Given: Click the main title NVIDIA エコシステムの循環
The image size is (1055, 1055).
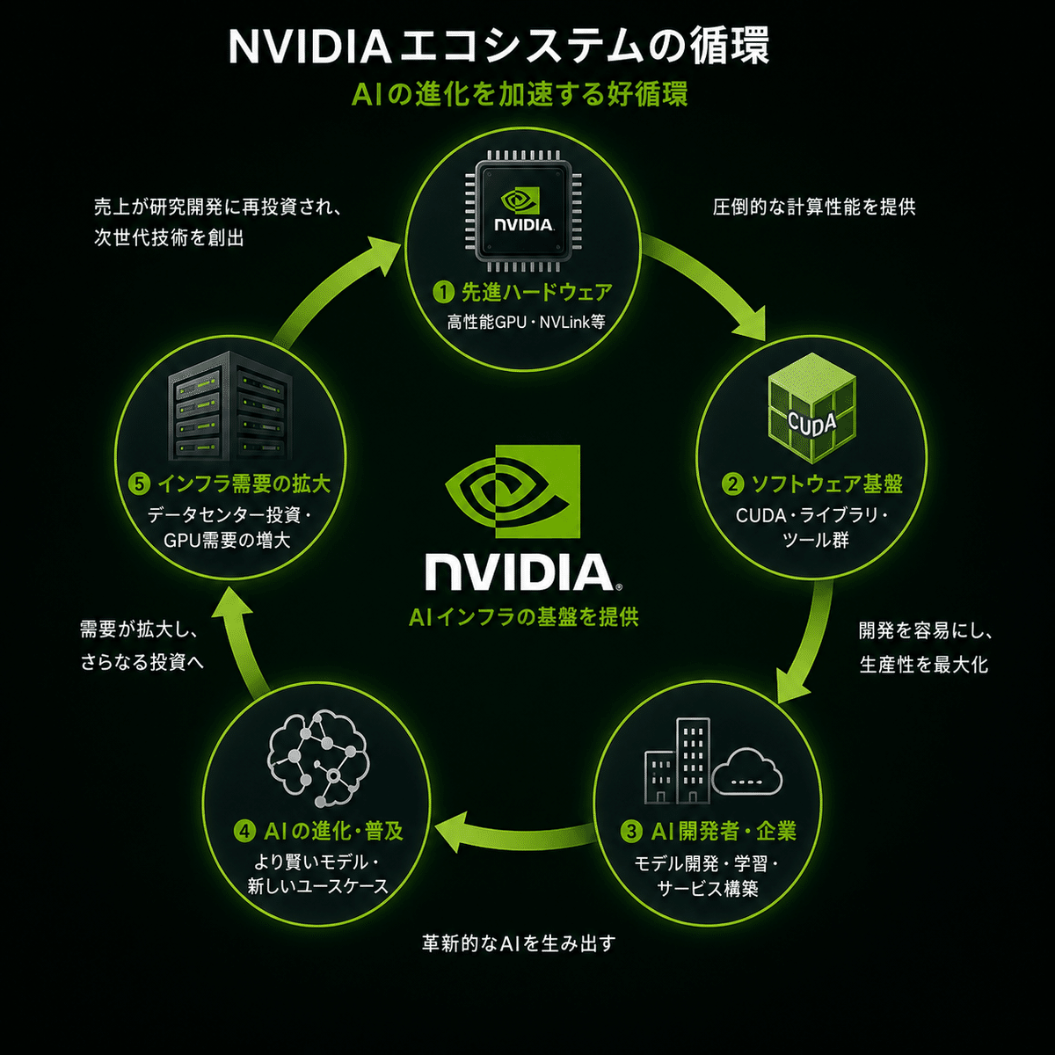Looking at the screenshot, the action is pyautogui.click(x=498, y=47).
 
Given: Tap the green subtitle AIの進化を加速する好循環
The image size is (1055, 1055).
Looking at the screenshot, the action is pyautogui.click(x=519, y=94).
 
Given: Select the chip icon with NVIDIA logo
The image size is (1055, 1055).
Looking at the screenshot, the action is pyautogui.click(x=523, y=211).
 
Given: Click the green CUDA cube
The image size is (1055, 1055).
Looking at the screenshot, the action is pyautogui.click(x=812, y=414).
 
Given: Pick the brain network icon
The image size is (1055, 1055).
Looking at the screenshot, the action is pyautogui.click(x=318, y=758).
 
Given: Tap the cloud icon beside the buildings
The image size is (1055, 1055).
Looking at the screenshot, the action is pyautogui.click(x=746, y=771).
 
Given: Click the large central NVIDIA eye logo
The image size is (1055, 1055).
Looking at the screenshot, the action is pyautogui.click(x=513, y=491).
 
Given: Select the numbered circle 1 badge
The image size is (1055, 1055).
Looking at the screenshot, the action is pyautogui.click(x=443, y=292).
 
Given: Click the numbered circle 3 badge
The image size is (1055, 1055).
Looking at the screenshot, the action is pyautogui.click(x=631, y=831).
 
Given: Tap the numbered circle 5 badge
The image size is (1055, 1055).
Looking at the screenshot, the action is pyautogui.click(x=139, y=484).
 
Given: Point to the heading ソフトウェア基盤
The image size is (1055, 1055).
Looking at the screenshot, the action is pyautogui.click(x=826, y=484).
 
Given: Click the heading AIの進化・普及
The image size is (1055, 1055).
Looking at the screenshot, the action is pyautogui.click(x=333, y=831).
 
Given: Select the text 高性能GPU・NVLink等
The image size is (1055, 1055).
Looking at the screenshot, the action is pyautogui.click(x=526, y=322).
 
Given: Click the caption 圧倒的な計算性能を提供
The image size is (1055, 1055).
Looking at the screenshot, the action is pyautogui.click(x=813, y=207).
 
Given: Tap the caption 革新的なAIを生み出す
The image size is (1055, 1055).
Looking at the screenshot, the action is pyautogui.click(x=519, y=942).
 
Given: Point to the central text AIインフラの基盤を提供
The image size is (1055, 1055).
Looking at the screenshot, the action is pyautogui.click(x=523, y=617).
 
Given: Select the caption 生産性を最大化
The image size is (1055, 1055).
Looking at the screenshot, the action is pyautogui.click(x=924, y=665).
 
